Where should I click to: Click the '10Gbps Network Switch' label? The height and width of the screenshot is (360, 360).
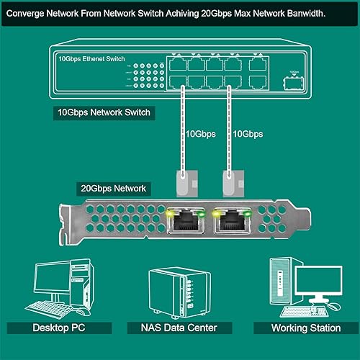[x=105, y=113]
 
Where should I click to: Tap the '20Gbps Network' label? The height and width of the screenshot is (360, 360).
[x=112, y=189]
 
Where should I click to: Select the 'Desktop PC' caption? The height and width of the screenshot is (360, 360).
[x=62, y=328]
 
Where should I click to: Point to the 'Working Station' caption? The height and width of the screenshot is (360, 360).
[x=305, y=328]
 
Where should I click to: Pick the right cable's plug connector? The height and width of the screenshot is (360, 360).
[x=230, y=181]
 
